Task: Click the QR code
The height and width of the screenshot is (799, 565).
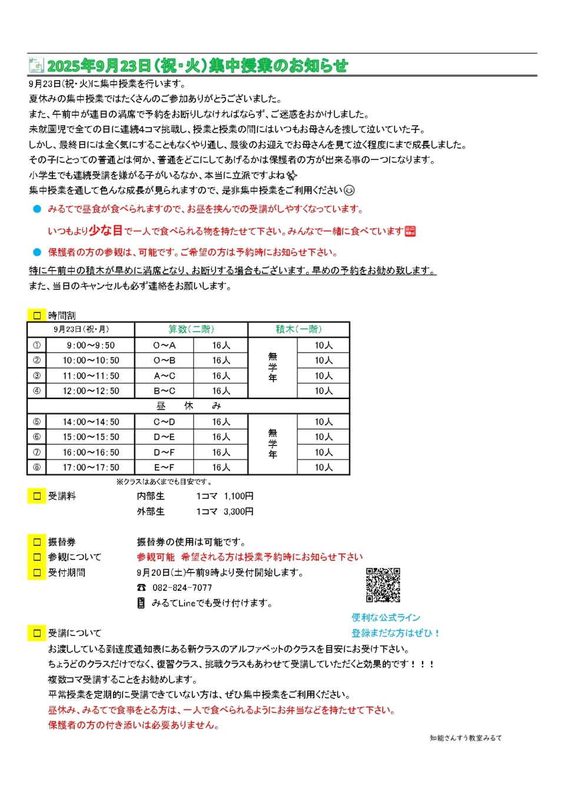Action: pyautogui.click(x=383, y=585)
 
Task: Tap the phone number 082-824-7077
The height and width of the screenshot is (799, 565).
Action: pyautogui.click(x=182, y=588)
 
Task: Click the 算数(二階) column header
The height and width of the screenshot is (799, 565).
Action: pyautogui.click(x=191, y=329)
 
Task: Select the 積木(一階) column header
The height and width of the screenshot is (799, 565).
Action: pyautogui.click(x=298, y=329)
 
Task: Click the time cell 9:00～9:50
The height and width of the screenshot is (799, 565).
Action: pyautogui.click(x=91, y=345)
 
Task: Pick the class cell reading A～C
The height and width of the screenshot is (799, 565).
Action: pyautogui.click(x=165, y=376)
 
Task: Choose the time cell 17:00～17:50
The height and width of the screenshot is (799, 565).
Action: pyautogui.click(x=91, y=468)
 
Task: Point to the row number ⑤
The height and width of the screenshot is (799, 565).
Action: pyautogui.click(x=37, y=422)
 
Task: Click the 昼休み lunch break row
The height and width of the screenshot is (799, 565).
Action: pyautogui.click(x=188, y=406)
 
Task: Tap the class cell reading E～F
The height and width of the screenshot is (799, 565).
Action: pyautogui.click(x=165, y=468)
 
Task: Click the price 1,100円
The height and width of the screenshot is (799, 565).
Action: pyautogui.click(x=238, y=497)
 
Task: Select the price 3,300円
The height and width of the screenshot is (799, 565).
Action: pyautogui.click(x=238, y=512)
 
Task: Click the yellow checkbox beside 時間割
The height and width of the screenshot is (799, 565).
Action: pyautogui.click(x=37, y=315)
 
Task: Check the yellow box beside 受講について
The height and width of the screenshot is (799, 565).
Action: pyautogui.click(x=37, y=633)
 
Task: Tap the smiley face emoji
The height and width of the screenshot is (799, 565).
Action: pyautogui.click(x=349, y=190)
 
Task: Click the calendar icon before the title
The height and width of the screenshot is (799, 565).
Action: pyautogui.click(x=36, y=65)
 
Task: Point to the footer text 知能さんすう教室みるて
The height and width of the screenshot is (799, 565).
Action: pyautogui.click(x=466, y=738)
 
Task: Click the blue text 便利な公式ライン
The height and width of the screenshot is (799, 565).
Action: pyautogui.click(x=386, y=617)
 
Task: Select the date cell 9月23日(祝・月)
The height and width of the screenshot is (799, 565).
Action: pyautogui.click(x=81, y=329)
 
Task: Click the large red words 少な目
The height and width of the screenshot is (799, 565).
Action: pyautogui.click(x=106, y=231)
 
